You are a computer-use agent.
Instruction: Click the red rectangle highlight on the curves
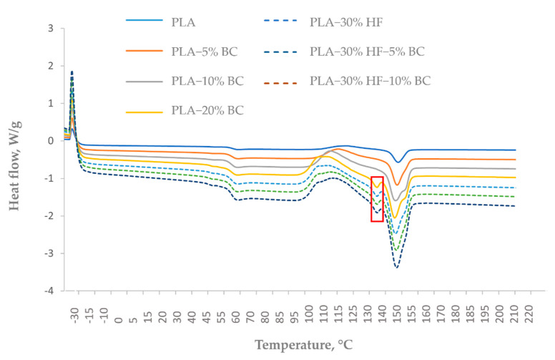[377, 198]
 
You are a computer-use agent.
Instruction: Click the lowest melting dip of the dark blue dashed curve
[396, 267]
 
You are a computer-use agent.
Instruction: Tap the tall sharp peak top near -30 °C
[72, 72]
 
